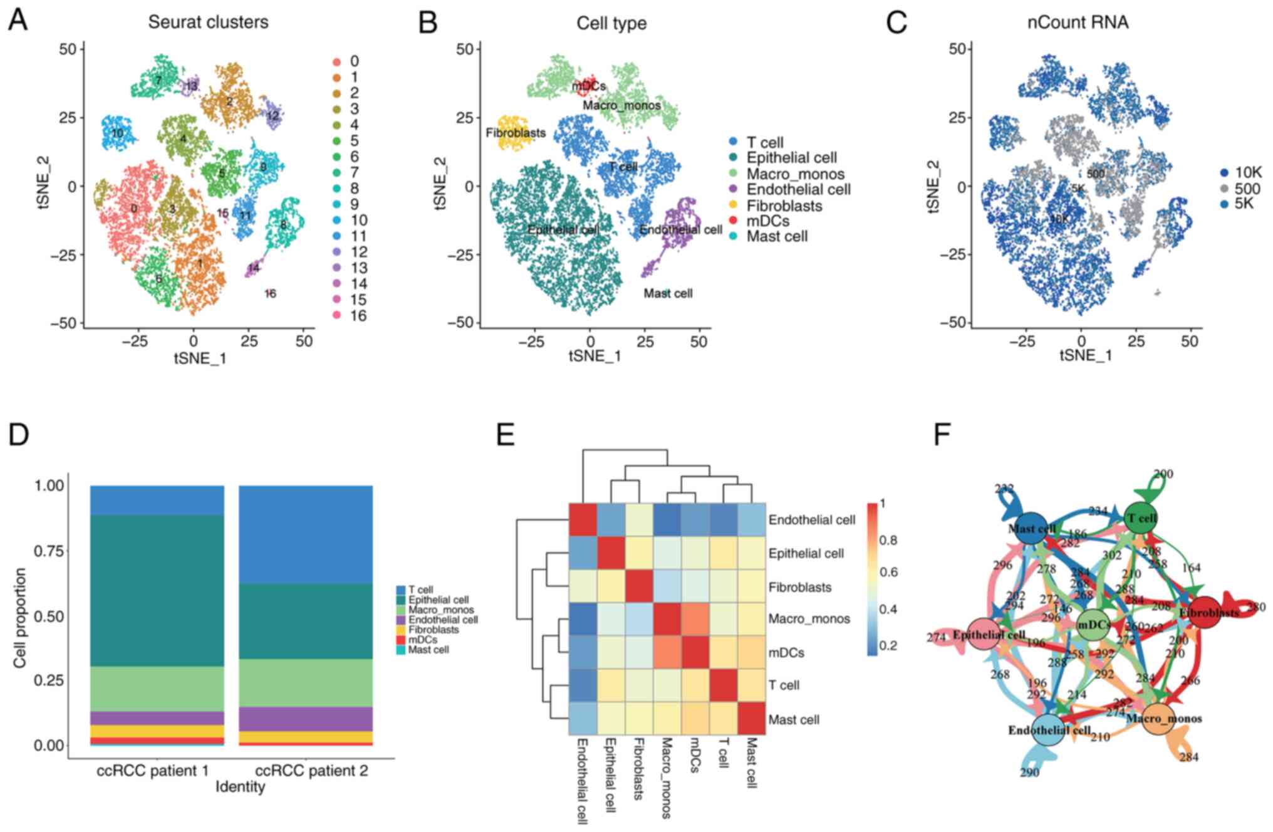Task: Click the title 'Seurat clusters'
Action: coord(208,22)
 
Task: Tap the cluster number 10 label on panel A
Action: coord(117,133)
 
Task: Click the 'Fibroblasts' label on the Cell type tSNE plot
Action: coord(516,133)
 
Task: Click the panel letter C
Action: coord(896,22)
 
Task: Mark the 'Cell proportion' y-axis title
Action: coord(20,618)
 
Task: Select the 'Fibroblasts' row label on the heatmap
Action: coord(800,587)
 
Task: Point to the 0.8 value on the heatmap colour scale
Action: coord(888,540)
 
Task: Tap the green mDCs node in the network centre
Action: coord(1094,624)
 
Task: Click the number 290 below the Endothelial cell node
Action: coord(1029,772)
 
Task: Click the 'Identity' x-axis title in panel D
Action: coord(240,786)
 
